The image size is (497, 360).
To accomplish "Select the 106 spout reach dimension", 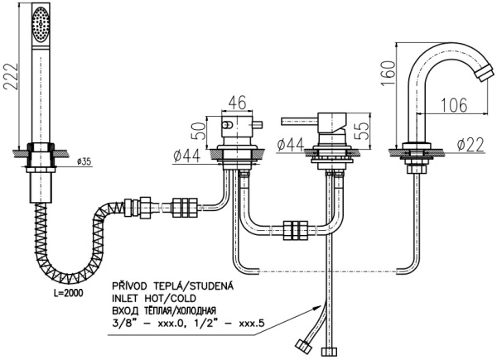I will [x=448, y=103].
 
